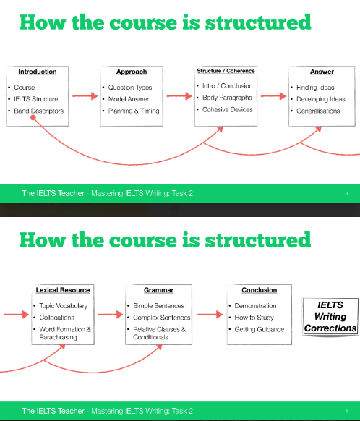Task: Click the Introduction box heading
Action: click(38, 72)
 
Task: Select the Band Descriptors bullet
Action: click(39, 111)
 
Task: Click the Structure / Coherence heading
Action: click(226, 71)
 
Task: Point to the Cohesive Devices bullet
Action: click(228, 109)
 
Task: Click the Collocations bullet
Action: click(57, 318)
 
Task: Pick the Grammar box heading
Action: click(158, 290)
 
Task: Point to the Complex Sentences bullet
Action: click(162, 318)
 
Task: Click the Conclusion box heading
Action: click(259, 290)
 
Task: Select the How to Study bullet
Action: click(253, 318)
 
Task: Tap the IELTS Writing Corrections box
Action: click(331, 317)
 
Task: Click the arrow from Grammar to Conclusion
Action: click(208, 314)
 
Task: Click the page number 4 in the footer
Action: click(347, 411)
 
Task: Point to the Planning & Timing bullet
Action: click(134, 111)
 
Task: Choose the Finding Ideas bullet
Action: click(316, 88)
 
